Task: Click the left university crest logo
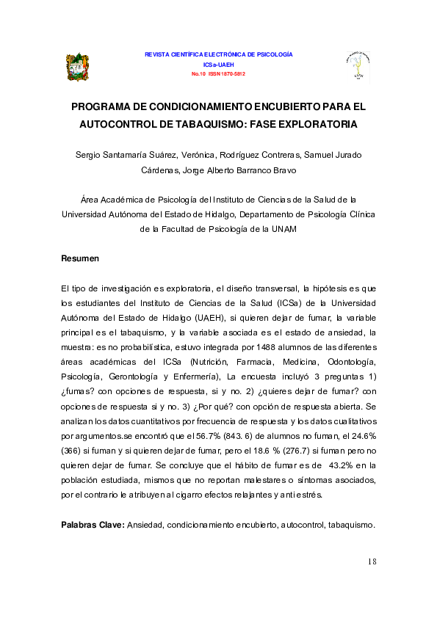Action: [77, 67]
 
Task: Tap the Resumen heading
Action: [80, 259]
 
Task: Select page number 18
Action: [371, 562]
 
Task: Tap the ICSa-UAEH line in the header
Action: [219, 65]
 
